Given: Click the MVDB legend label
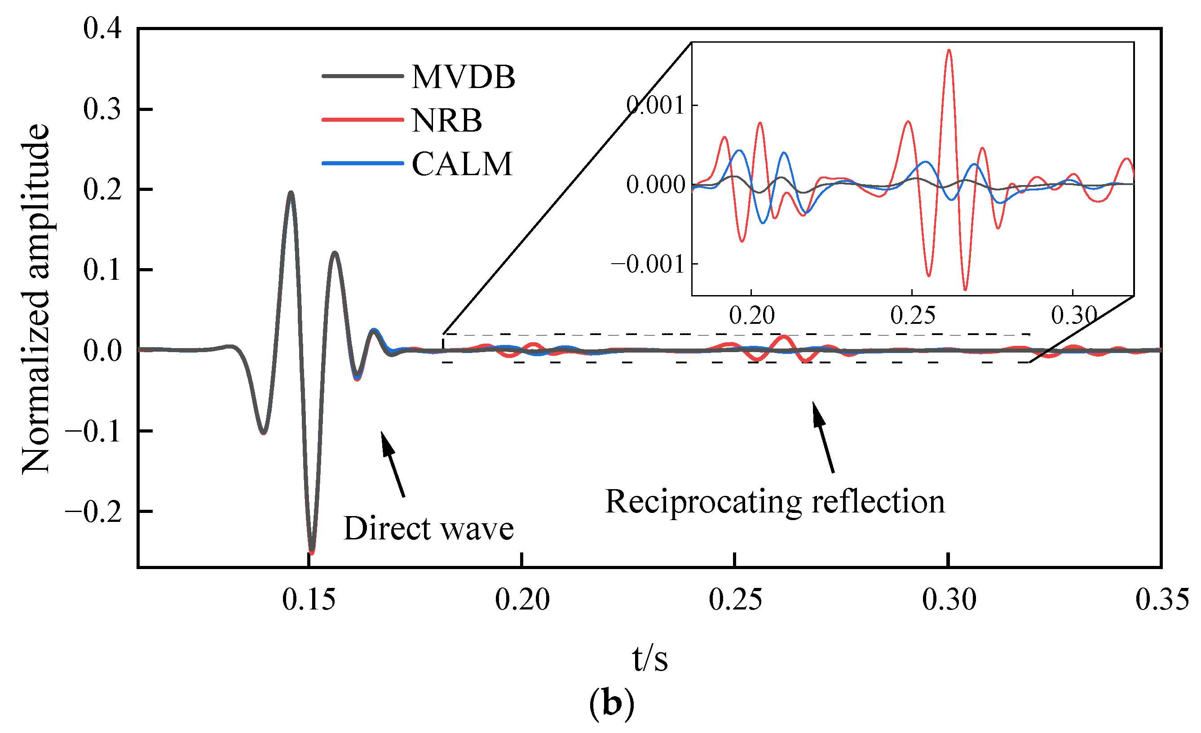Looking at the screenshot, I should pos(463,77).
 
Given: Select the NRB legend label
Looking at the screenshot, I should pos(446,120).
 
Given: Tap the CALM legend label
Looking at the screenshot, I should pos(462,164).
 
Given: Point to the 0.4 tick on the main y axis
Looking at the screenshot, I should pos(102,28).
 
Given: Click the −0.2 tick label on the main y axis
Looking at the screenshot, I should pos(93,512).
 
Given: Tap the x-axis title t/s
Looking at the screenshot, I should pos(650,659).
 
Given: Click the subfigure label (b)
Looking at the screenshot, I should pos(612,703).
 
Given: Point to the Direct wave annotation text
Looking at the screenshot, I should pos(428,528).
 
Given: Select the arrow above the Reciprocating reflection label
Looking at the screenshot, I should pos(823,437).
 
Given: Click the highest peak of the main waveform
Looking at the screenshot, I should pos(291,193).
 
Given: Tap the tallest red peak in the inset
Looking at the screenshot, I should pos(949,50).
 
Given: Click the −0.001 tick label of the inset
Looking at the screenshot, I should pos(648,265).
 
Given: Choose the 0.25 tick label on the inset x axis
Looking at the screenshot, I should pos(913,316).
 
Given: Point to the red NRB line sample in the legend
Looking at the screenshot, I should pos(362,120).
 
